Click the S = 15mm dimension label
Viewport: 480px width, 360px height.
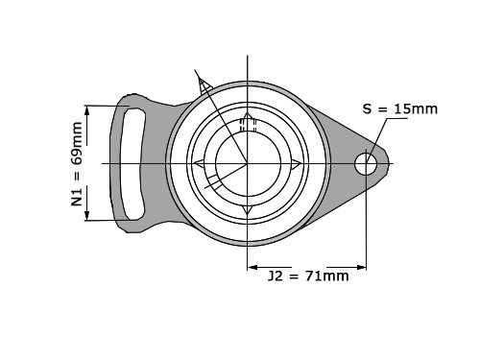point(400,109)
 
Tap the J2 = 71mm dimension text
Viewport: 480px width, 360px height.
point(308,276)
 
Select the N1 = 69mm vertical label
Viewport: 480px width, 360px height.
point(77,164)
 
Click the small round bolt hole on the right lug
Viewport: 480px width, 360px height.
point(366,163)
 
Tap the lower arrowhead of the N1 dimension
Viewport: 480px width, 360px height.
point(87,214)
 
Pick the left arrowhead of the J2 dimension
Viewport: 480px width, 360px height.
point(253,267)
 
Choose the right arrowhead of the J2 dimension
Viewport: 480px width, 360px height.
point(360,267)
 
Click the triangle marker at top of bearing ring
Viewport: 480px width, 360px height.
point(248,115)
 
